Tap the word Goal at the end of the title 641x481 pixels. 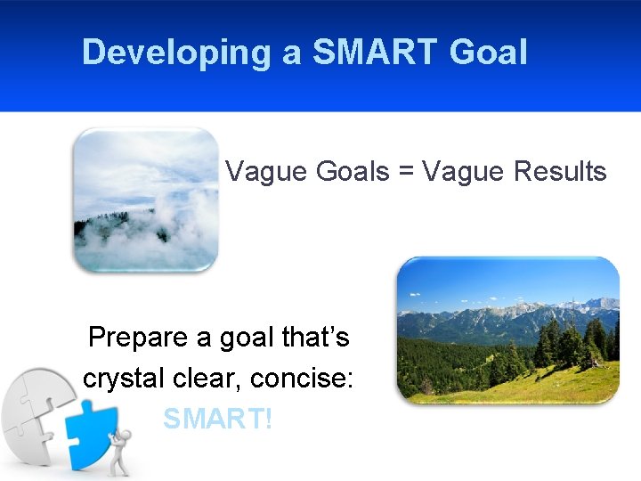click(489, 53)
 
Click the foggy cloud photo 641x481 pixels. click(145, 200)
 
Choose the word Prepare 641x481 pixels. click(138, 338)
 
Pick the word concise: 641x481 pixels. click(303, 378)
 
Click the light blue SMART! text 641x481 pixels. click(218, 418)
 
